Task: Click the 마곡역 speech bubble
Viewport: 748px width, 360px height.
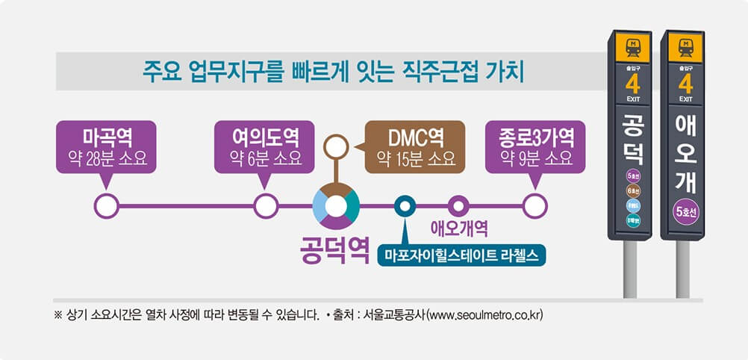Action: [106, 147]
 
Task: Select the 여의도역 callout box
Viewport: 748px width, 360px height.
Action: [264, 147]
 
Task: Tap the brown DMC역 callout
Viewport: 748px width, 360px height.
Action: [414, 147]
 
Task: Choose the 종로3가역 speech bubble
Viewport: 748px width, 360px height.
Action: [536, 147]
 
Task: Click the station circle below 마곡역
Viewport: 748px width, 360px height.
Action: [106, 205]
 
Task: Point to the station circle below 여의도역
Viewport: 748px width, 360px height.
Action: [265, 205]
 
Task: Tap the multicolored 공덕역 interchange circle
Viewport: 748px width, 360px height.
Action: [336, 205]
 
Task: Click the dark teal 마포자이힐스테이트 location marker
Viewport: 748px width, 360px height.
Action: [404, 205]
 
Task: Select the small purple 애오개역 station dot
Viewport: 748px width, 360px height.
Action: [457, 205]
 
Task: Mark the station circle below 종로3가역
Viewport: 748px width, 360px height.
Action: [534, 205]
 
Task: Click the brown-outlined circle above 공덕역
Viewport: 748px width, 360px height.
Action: [336, 144]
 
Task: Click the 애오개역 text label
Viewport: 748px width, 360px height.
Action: [460, 226]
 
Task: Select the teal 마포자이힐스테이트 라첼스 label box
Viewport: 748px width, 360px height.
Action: [461, 255]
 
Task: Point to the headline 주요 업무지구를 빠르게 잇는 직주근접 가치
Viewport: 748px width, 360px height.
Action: [334, 72]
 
